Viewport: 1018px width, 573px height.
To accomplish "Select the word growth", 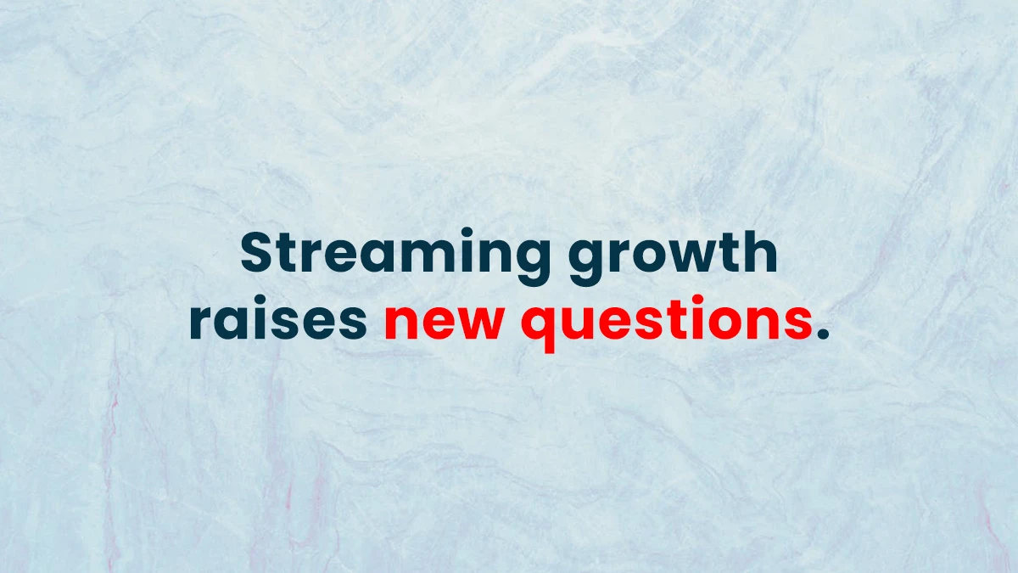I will click(673, 254).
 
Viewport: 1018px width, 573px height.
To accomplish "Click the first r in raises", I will click(199, 324).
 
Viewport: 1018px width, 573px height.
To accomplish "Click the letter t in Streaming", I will click(292, 253).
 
